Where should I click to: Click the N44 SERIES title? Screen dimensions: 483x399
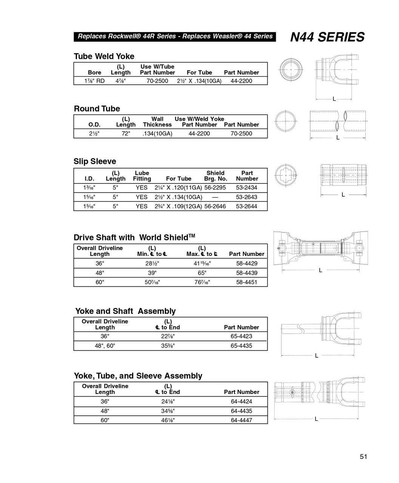click(327, 37)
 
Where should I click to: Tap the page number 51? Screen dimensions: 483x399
click(363, 457)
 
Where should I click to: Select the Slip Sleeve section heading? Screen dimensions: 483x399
click(95, 162)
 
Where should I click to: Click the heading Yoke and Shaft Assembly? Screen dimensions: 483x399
click(125, 311)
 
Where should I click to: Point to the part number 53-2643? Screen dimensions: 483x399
click(246, 197)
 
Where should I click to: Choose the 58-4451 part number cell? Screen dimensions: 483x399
click(246, 282)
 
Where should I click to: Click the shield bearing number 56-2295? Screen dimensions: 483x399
click(215, 188)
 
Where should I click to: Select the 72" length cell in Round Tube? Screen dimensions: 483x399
click(126, 134)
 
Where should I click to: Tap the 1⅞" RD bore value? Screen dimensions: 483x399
click(94, 81)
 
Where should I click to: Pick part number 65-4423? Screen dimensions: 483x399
click(241, 336)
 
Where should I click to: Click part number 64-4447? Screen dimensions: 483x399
click(241, 420)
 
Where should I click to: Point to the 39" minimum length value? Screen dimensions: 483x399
click(152, 273)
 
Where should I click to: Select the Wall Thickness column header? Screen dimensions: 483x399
click(157, 122)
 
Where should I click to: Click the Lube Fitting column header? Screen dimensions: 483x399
click(142, 176)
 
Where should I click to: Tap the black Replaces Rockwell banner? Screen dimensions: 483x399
click(175, 36)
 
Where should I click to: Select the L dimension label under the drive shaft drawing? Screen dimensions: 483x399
click(320, 270)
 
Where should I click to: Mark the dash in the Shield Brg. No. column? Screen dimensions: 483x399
click(215, 197)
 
